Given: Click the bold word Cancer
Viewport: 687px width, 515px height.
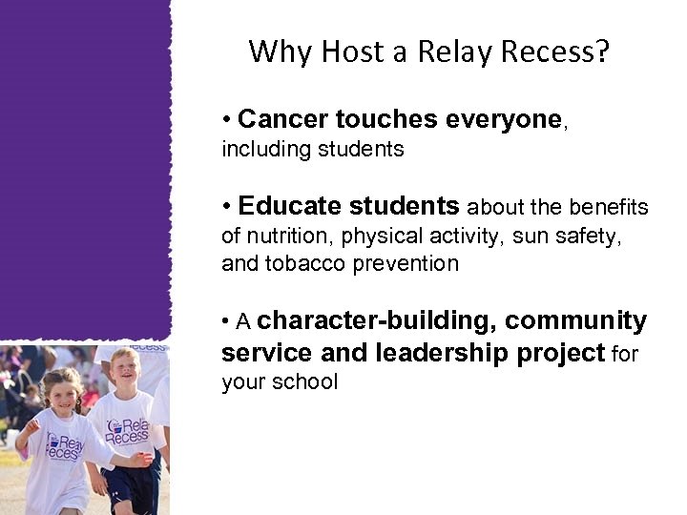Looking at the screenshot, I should (x=282, y=119).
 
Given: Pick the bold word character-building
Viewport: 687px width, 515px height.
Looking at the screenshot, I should (x=374, y=321).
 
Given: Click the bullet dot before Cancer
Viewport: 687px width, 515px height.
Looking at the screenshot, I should (x=226, y=121).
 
